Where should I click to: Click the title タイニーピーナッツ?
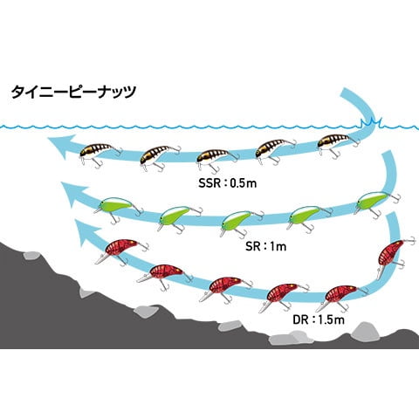[x=73, y=92]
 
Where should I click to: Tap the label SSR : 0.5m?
[x=228, y=183]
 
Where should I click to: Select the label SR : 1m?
[x=266, y=247]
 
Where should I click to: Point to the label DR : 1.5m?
[x=319, y=320]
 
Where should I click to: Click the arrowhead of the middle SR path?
[x=73, y=194]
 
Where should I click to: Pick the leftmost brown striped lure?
[x=100, y=155]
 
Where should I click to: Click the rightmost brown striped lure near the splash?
[x=339, y=145]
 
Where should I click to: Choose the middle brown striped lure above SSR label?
[x=217, y=159]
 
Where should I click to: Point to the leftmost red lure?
[x=121, y=251]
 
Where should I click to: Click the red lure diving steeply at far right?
[x=393, y=256]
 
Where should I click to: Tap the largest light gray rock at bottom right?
[x=365, y=331]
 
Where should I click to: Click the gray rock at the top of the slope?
[x=32, y=256]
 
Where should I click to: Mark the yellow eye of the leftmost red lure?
[x=131, y=242]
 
